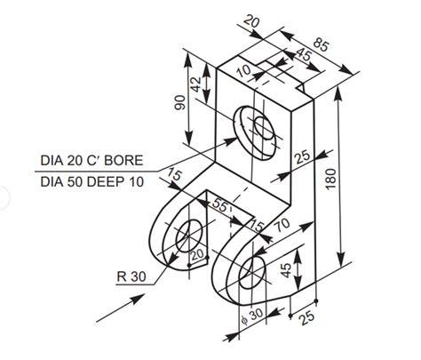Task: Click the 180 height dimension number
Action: [x=330, y=179]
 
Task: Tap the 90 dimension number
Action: [x=180, y=102]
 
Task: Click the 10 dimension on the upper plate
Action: [x=243, y=70]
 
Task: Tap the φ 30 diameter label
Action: [x=252, y=315]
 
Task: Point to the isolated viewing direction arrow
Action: [x=115, y=308]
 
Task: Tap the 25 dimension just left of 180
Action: [x=302, y=156]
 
